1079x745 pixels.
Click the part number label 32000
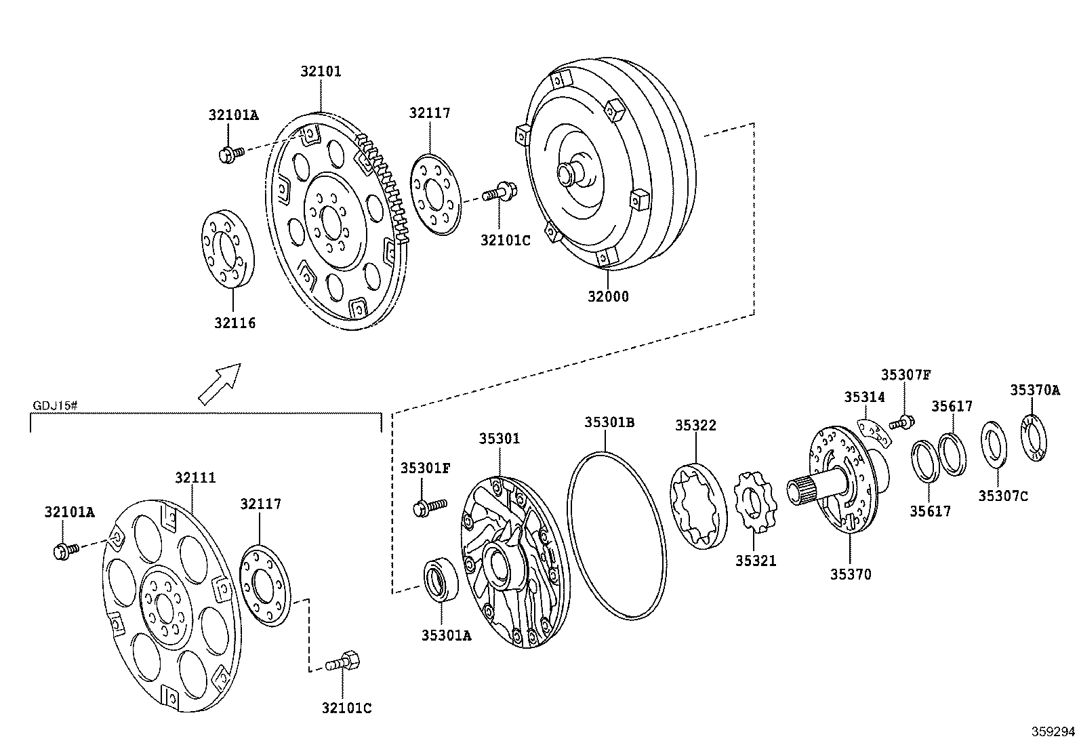[607, 296]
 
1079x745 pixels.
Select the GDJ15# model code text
[55, 406]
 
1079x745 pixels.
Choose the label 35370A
[1034, 390]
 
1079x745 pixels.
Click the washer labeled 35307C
[994, 444]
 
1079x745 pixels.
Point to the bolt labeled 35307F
[903, 423]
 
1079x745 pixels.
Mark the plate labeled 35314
[872, 435]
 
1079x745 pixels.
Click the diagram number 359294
[1053, 731]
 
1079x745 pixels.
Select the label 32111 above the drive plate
[195, 477]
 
